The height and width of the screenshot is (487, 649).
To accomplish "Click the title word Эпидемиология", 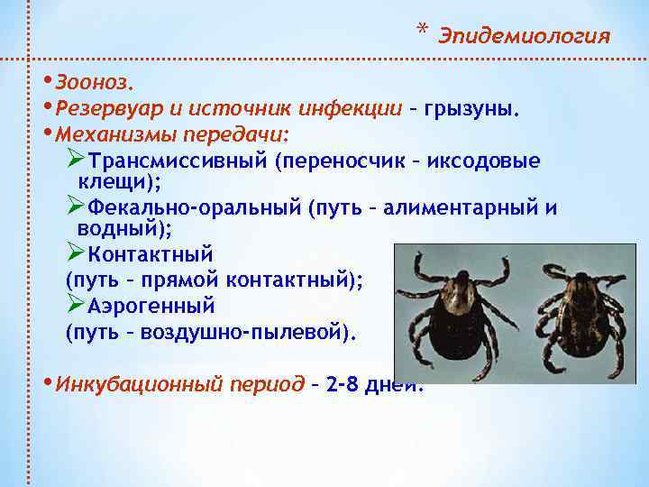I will pyautogui.click(x=525, y=36).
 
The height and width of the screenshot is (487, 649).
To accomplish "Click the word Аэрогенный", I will pyautogui.click(x=151, y=304).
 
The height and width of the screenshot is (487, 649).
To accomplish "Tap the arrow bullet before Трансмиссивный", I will pyautogui.click(x=76, y=161).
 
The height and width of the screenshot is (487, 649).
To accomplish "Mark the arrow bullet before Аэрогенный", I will pyautogui.click(x=76, y=303).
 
